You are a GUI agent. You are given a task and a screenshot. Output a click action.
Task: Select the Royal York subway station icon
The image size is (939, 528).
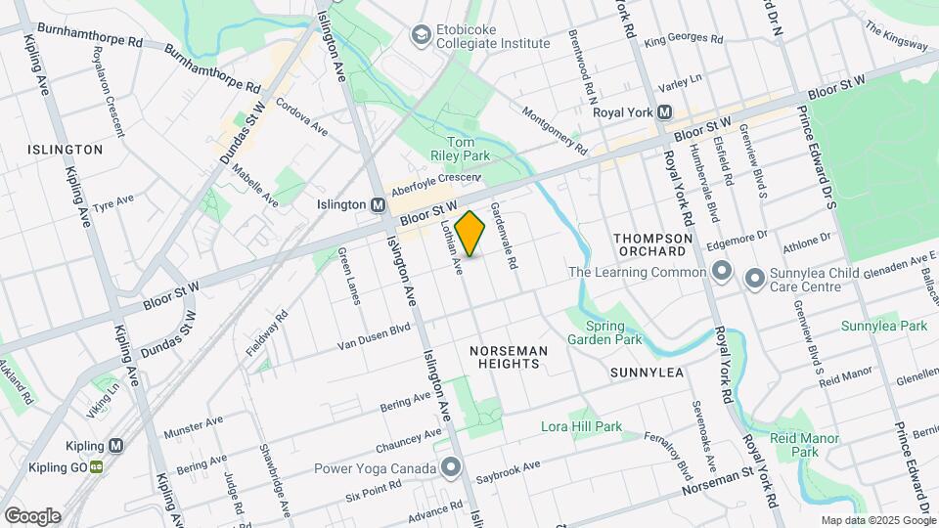(x=664, y=112)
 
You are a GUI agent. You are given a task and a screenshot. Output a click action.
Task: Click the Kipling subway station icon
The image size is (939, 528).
(x=116, y=445)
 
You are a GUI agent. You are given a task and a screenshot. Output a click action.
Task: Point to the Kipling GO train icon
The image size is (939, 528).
(x=96, y=466)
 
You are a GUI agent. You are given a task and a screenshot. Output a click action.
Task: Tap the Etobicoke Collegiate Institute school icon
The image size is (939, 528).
(x=422, y=35)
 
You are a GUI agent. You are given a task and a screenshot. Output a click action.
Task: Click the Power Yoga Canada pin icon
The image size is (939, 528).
(x=450, y=466)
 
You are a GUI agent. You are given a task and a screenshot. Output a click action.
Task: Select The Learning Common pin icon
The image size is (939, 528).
(x=722, y=271)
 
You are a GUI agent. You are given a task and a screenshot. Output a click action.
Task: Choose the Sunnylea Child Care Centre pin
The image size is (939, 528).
(x=754, y=279)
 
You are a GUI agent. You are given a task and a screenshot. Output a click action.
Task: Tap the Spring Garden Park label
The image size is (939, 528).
(x=612, y=333)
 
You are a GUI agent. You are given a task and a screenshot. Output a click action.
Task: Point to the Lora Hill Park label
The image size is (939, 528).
(x=581, y=426)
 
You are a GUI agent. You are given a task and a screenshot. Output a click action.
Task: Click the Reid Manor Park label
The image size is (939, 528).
(x=804, y=446)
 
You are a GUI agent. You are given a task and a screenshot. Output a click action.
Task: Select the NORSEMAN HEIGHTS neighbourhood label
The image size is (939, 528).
(x=505, y=356)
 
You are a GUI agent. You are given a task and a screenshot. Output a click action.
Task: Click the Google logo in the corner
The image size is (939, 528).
(x=32, y=515)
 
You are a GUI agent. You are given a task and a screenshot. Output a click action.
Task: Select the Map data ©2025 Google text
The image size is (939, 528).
(x=877, y=520)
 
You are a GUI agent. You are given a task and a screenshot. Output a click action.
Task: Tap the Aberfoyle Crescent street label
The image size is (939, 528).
(x=436, y=185)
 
